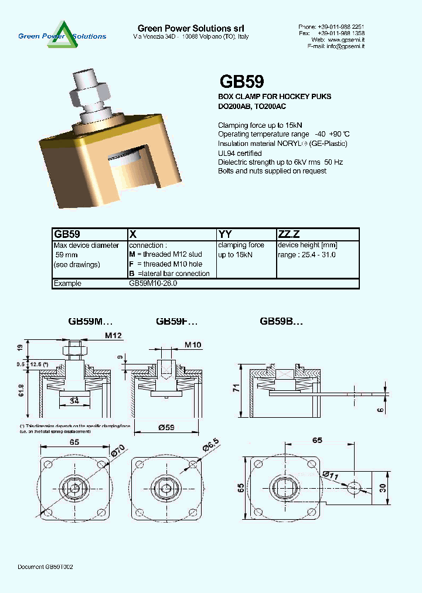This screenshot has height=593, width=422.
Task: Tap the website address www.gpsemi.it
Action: (346, 39)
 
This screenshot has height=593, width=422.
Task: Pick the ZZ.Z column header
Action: (288, 233)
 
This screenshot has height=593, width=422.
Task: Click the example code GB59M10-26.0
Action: (153, 283)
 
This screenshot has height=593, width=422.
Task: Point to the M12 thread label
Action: (113, 335)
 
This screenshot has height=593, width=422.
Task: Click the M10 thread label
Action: (193, 345)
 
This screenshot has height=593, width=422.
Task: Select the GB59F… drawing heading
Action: (176, 321)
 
